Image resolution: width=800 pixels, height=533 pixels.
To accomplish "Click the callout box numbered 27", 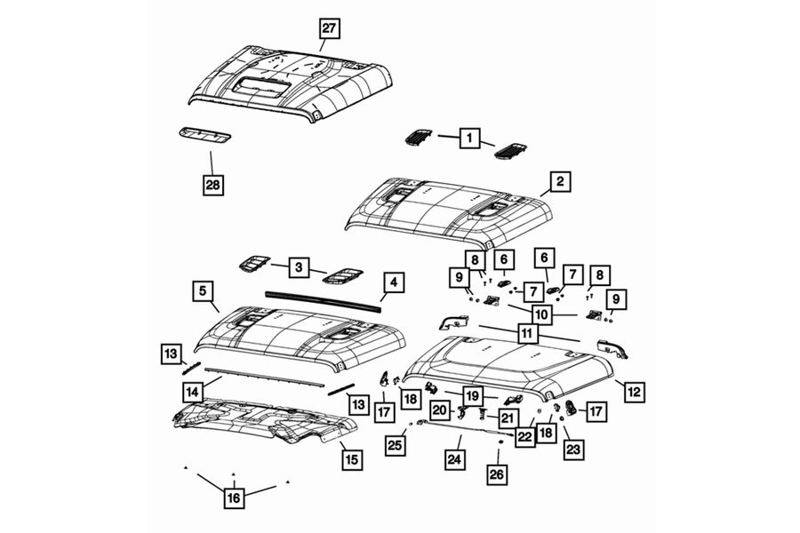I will [x=329, y=28].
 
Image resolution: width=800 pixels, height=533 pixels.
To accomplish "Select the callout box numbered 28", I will [x=212, y=185].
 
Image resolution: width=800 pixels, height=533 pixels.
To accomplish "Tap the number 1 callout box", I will [x=466, y=138].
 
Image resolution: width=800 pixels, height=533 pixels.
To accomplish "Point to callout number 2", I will [x=559, y=182].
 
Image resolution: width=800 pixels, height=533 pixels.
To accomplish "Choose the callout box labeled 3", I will [x=299, y=266].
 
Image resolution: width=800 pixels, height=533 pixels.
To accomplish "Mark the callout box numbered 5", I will [x=203, y=290].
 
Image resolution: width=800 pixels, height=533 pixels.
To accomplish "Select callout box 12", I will [x=635, y=391].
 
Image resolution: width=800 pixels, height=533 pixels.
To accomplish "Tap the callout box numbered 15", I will [x=352, y=459].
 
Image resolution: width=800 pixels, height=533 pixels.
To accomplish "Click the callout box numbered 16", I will [x=234, y=498].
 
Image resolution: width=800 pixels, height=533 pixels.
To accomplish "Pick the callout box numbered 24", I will [x=455, y=459].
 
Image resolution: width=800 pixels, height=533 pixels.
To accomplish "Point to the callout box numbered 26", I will [x=497, y=474].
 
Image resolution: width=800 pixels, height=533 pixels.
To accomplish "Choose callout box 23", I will [x=573, y=450].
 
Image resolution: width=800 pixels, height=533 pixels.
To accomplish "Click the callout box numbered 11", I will [x=528, y=334].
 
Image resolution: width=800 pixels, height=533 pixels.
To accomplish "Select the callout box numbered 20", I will [x=440, y=410].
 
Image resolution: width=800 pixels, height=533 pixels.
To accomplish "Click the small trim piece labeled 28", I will [x=204, y=135].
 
